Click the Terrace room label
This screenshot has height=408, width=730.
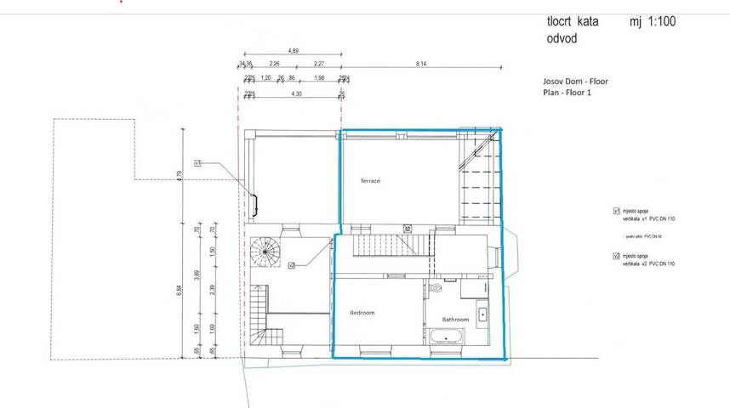coord(369,181)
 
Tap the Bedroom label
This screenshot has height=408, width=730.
coord(362,313)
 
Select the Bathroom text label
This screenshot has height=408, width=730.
coord(455,320)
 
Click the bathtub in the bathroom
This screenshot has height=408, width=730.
coord(447,339)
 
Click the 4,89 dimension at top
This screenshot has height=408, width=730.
coord(294,52)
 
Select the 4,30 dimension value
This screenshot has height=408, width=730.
coord(296,93)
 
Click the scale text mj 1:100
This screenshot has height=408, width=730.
coord(653,22)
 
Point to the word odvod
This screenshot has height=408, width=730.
coord(565,39)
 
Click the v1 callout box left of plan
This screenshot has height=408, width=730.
coord(197,161)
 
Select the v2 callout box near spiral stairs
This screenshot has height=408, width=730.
coord(291,265)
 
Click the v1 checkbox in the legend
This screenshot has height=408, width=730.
coord(616,210)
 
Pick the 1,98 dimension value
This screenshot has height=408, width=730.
coord(319,78)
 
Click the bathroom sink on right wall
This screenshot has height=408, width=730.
coord(482,313)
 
